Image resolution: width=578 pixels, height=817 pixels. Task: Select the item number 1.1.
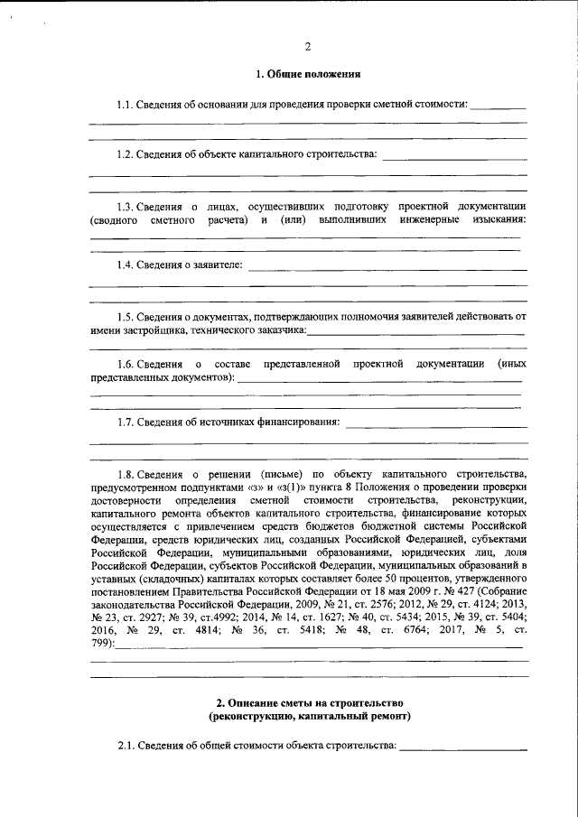(x=126, y=105)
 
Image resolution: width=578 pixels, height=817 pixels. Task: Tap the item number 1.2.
(x=126, y=154)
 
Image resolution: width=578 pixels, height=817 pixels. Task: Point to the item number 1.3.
(x=126, y=205)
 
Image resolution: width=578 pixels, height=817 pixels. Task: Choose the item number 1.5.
(x=126, y=316)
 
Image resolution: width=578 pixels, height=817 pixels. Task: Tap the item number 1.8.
(x=126, y=473)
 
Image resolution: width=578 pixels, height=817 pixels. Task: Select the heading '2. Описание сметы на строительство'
(x=309, y=702)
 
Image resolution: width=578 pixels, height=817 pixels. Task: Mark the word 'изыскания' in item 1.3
(x=497, y=219)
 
